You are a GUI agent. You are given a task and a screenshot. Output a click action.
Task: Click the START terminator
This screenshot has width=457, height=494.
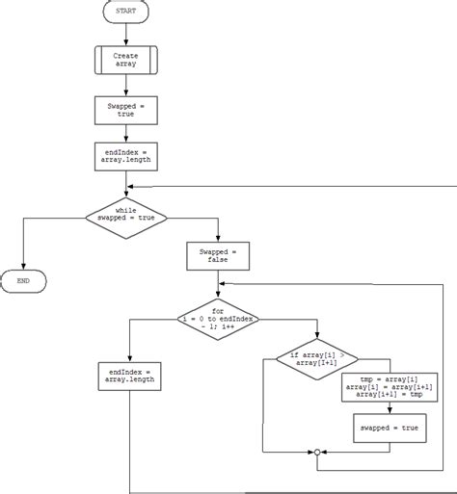pos(125,13)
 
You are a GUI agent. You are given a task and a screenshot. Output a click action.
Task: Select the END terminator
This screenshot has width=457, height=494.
pos(23,281)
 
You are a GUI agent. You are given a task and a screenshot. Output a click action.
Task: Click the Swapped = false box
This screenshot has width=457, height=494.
pos(218,255)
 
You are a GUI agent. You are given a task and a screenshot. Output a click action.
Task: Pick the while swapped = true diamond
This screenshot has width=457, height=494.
pos(126,218)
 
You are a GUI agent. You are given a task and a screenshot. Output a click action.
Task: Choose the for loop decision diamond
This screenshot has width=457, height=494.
pos(218,321)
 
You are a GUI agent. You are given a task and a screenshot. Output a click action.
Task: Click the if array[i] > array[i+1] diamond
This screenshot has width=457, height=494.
pos(315,358)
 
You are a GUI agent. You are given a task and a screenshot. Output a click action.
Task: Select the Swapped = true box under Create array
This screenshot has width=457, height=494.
pos(125,109)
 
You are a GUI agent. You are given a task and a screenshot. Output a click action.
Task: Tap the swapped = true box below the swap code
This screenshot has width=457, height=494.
pos(390,428)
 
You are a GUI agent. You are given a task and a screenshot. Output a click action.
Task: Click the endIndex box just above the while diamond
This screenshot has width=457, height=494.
pos(125,156)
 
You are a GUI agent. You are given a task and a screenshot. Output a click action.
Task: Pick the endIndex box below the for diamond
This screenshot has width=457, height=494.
pos(129,376)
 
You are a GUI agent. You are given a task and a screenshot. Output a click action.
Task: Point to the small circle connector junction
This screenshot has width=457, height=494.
pos(315,452)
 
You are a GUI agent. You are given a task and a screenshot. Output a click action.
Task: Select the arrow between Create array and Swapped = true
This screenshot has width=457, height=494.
pos(125,86)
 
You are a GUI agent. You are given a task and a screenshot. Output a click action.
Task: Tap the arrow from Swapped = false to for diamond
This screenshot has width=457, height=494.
pos(218,284)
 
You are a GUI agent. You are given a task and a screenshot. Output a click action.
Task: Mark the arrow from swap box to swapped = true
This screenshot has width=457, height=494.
pos(390,407)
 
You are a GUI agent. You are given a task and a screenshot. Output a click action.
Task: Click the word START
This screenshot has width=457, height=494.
pos(125,13)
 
